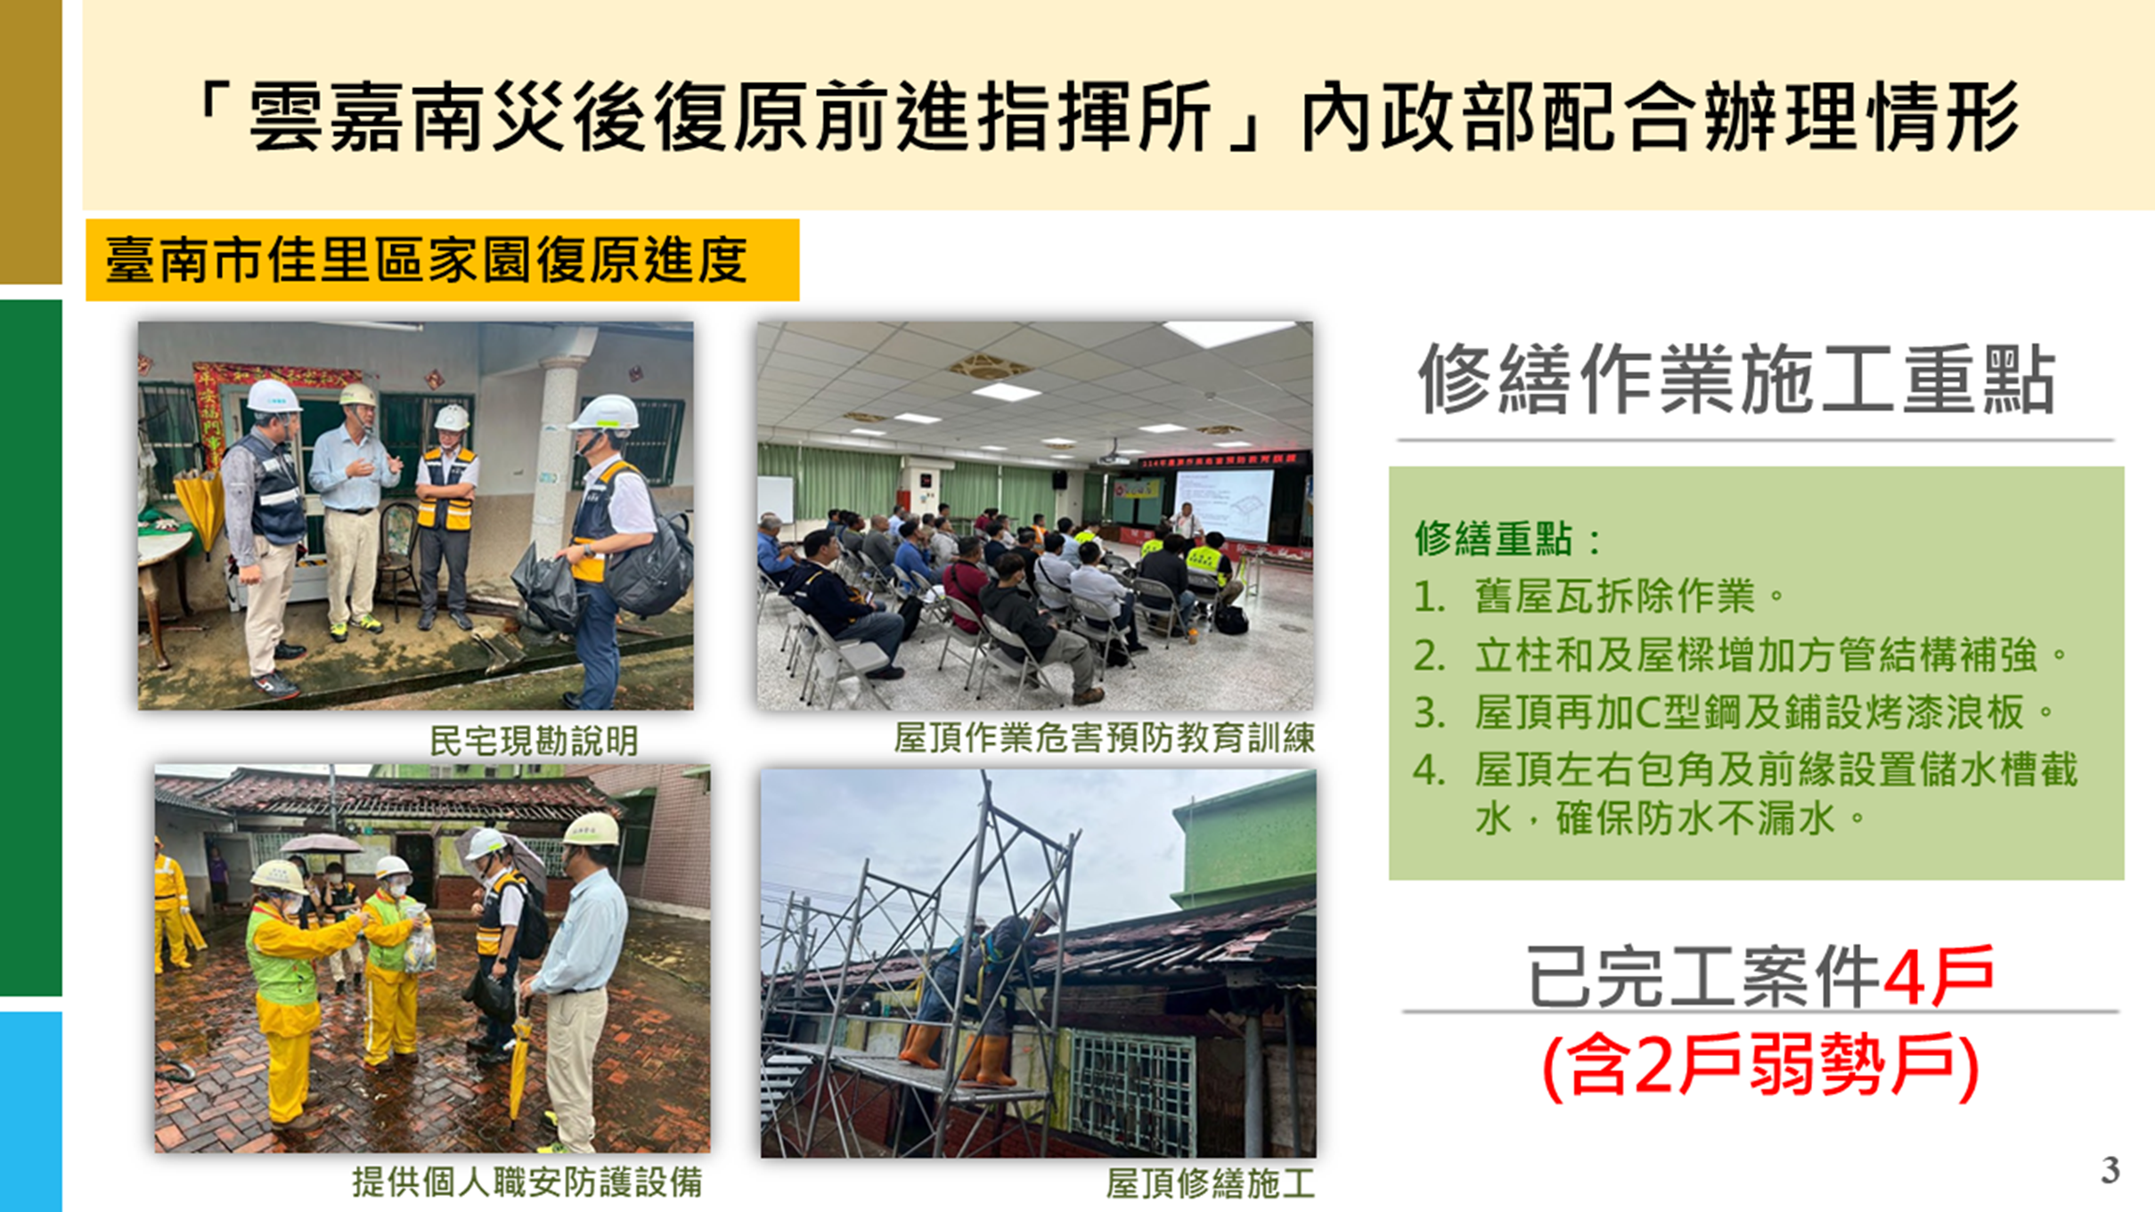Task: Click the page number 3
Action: coord(2110,1169)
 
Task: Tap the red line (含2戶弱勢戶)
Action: coord(1760,1066)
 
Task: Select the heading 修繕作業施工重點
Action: coord(1737,380)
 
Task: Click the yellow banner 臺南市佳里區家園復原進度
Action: coord(442,260)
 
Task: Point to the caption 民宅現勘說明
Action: coord(534,740)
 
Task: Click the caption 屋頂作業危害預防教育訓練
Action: coord(1104,738)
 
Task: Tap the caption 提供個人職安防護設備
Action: coord(527,1183)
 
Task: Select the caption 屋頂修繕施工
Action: coord(1210,1184)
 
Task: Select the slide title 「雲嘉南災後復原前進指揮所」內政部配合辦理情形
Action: coord(1107,117)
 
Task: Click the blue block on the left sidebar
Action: coord(31,1111)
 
